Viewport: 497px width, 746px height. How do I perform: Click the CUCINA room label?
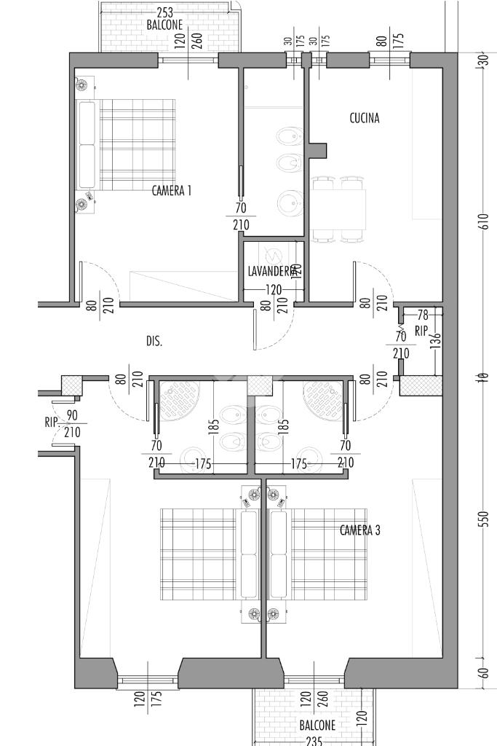click(364, 118)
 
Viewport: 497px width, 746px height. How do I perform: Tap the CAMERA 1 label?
click(172, 191)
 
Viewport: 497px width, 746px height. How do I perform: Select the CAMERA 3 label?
click(359, 530)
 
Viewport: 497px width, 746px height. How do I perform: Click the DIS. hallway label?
click(154, 340)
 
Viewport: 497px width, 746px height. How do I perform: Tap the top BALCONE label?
click(164, 24)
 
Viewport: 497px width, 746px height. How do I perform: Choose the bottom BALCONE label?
click(317, 726)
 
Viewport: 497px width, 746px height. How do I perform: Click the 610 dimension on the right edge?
click(485, 221)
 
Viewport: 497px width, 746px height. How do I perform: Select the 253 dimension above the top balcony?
click(164, 12)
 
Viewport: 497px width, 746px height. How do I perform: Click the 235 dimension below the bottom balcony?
click(314, 741)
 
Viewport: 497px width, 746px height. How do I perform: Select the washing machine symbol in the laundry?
click(274, 256)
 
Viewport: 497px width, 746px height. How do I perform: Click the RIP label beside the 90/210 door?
click(50, 421)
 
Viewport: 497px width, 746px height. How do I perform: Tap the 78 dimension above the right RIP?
click(421, 315)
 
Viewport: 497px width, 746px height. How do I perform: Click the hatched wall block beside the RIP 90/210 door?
click(71, 385)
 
